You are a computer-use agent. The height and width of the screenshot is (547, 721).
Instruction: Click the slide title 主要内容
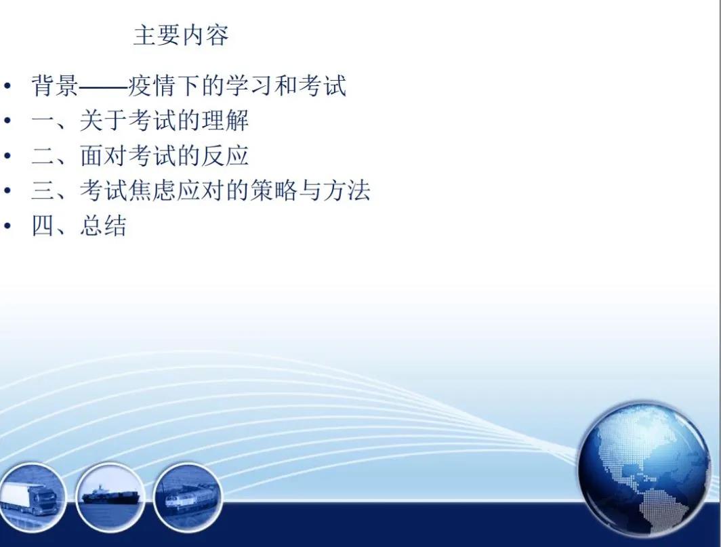point(181,35)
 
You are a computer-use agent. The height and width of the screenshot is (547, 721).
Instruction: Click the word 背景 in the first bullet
point(55,85)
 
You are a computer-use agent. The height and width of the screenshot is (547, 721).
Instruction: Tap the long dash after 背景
point(104,86)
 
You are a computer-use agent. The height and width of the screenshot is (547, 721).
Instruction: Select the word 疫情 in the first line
point(152,85)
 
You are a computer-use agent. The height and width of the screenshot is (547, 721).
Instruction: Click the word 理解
point(225,121)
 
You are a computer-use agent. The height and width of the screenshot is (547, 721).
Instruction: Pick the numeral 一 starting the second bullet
point(43,121)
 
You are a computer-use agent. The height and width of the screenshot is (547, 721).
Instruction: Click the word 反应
point(225,155)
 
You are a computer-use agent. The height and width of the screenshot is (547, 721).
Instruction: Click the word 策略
point(274,190)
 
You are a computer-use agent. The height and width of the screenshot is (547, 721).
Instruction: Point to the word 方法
point(346,190)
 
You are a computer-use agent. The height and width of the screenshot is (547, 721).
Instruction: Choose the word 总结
point(104,226)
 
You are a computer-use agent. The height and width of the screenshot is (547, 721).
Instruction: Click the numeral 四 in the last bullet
point(43,226)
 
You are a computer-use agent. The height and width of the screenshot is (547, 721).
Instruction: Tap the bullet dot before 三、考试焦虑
point(7,190)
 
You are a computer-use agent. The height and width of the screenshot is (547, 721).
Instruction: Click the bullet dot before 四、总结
point(7,226)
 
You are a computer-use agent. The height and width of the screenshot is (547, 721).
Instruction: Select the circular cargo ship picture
point(110,497)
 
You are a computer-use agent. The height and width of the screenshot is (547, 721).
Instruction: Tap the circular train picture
point(188,498)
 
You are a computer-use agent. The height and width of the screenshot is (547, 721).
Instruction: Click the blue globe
point(644,469)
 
